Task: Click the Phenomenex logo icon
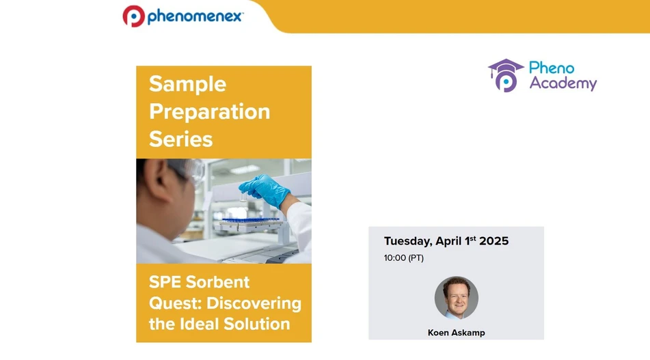tap(133, 16)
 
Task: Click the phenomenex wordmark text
tap(194, 16)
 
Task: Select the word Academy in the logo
tap(563, 84)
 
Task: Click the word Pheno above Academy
tap(552, 68)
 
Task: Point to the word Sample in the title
tap(178, 84)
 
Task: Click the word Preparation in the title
tap(209, 111)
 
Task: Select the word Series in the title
tap(180, 139)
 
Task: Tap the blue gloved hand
tap(264, 189)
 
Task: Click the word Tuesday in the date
tap(407, 241)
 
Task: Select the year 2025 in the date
tap(493, 241)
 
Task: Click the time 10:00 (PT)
tap(403, 258)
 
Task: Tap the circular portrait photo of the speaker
tap(456, 297)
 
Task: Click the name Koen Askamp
tap(456, 333)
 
